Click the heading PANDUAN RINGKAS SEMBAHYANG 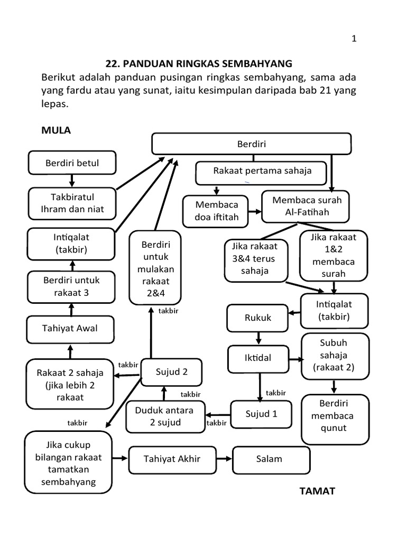pyautogui.click(x=199, y=64)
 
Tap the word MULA pyautogui.click(x=56, y=131)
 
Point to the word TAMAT pyautogui.click(x=317, y=491)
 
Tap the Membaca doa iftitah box pyautogui.click(x=217, y=210)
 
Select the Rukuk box pyautogui.click(x=257, y=318)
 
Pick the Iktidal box pyautogui.click(x=257, y=358)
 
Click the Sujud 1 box pyautogui.click(x=261, y=414)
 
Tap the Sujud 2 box pyautogui.click(x=171, y=372)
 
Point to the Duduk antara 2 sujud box pyautogui.click(x=164, y=416)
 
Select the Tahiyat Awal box pyautogui.click(x=70, y=329)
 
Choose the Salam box pyautogui.click(x=271, y=459)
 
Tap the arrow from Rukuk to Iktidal pyautogui.click(x=258, y=338)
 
